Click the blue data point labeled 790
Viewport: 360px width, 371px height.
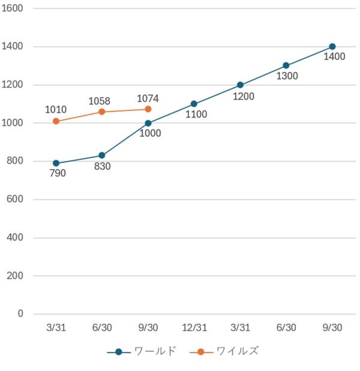pyautogui.click(x=56, y=163)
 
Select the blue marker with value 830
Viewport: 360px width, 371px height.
pyautogui.click(x=102, y=156)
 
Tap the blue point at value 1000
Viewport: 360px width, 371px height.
pyautogui.click(x=148, y=123)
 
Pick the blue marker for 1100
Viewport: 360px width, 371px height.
pyautogui.click(x=194, y=104)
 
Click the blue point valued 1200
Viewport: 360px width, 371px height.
pyautogui.click(x=240, y=85)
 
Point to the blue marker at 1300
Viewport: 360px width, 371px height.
pyautogui.click(x=286, y=66)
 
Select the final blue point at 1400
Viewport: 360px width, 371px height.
pyautogui.click(x=332, y=47)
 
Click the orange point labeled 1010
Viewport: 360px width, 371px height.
pyautogui.click(x=56, y=121)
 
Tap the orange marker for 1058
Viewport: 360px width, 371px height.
pyautogui.click(x=102, y=112)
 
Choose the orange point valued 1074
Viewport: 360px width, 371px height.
pyautogui.click(x=148, y=109)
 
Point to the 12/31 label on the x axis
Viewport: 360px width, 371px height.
pyautogui.click(x=194, y=327)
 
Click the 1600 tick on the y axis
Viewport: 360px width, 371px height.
pyautogui.click(x=13, y=8)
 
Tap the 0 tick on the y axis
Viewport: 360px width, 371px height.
pyautogui.click(x=20, y=313)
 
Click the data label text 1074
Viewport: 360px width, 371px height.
pyautogui.click(x=148, y=98)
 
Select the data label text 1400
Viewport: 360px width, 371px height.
pyautogui.click(x=334, y=58)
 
